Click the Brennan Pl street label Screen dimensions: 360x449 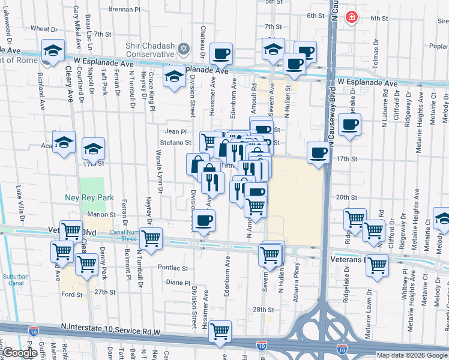click(124, 10)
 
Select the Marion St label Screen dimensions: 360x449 click(101, 214)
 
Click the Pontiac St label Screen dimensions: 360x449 click(173, 268)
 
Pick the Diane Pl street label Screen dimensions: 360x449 click(178, 282)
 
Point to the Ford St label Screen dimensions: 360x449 click(71, 294)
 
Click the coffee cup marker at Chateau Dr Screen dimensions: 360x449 click(221, 53)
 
